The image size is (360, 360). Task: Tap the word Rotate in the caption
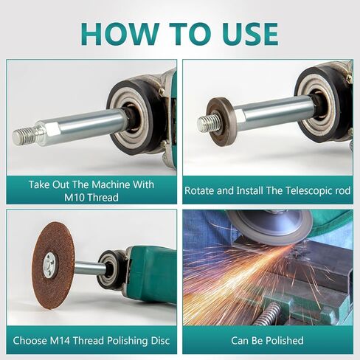[x=200, y=190]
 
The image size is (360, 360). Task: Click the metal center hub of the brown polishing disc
[x=49, y=264]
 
